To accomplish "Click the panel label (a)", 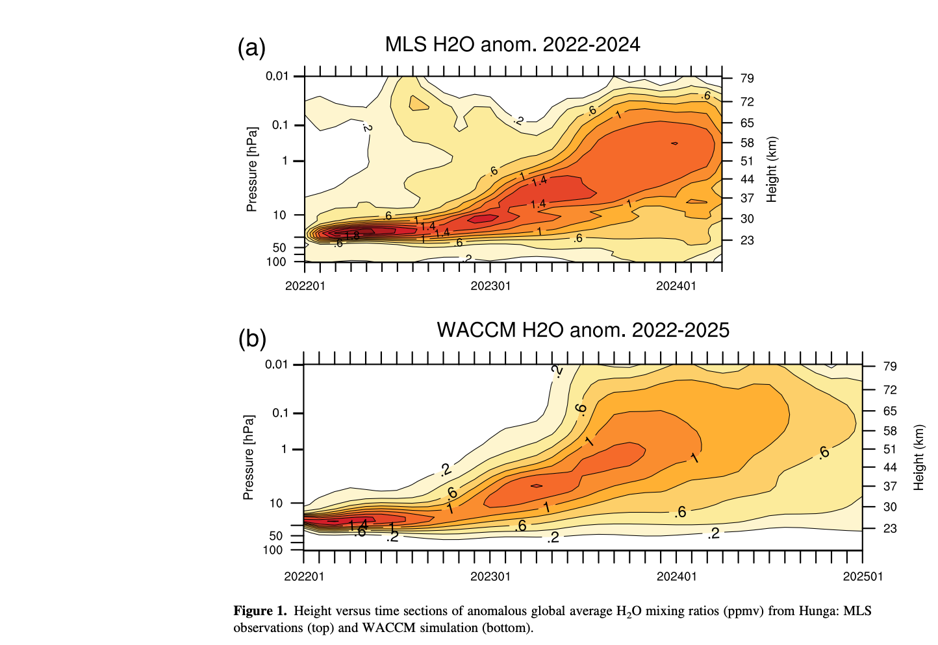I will tap(251, 49).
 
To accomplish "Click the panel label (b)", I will tap(252, 339).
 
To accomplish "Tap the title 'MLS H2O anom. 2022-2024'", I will tap(513, 45).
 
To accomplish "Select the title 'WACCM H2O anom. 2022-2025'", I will tap(583, 330).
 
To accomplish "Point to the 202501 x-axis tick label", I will tap(862, 576).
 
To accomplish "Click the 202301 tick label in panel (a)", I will tap(490, 286).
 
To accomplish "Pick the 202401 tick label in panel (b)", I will tap(676, 576).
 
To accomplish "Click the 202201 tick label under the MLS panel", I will tap(305, 286).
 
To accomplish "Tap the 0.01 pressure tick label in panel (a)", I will tap(277, 77).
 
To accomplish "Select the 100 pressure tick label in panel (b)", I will tap(273, 550).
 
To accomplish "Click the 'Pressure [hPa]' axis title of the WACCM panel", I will tap(248, 457).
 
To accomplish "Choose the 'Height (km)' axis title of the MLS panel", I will tap(772, 169).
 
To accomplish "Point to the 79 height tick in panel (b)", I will tap(890, 367).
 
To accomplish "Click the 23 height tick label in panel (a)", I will tap(747, 241).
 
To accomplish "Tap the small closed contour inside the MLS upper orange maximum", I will tap(674, 143).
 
